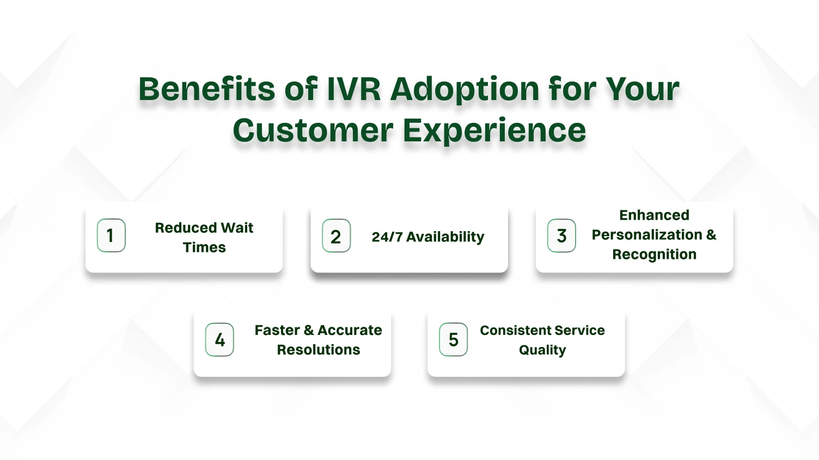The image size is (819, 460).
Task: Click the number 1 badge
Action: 111,235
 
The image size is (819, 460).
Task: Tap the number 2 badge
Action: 337,236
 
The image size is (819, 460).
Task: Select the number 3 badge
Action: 561,236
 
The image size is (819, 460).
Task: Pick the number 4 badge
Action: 219,340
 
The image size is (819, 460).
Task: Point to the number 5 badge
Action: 454,340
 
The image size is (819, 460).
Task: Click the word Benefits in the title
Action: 206,89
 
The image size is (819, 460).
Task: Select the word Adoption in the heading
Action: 465,91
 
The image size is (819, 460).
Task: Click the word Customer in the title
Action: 313,130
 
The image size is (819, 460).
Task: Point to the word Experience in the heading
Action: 494,132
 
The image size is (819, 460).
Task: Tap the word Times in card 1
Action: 204,247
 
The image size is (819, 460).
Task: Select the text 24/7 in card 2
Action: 387,237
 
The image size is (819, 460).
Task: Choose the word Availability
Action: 445,237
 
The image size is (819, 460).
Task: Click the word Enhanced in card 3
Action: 655,215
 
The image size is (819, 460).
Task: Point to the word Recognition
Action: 655,255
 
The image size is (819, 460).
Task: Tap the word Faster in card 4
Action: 277,331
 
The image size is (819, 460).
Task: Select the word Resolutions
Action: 319,350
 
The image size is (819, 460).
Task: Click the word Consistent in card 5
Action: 516,331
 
